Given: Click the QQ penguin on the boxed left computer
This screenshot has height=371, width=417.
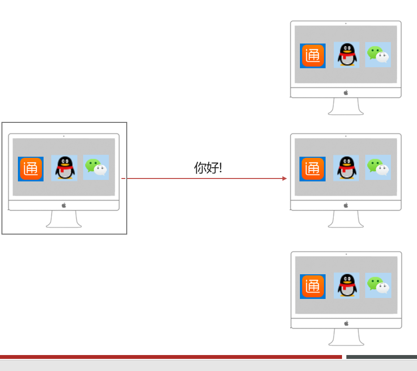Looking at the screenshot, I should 64,168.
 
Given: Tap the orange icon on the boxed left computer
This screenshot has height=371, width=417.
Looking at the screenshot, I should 31,169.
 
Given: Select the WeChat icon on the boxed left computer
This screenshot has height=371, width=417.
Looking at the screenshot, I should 96,167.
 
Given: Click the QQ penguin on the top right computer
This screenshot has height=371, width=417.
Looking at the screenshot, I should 346,55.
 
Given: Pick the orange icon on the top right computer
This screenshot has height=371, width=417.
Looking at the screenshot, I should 313,56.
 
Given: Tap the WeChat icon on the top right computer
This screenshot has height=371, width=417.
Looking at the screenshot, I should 378,55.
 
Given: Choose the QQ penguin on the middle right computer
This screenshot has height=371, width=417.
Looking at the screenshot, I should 346,168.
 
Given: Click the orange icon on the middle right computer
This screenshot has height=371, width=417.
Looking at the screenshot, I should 313,169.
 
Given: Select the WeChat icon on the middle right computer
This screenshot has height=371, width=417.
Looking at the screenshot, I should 378,167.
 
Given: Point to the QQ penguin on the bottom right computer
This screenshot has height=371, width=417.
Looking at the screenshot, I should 346,285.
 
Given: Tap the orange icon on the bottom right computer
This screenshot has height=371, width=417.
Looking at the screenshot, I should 313,286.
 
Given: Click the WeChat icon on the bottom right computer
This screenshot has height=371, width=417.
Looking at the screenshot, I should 378,285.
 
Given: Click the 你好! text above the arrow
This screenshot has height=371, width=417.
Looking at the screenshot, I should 208,168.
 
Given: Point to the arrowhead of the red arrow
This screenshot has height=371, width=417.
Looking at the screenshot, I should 284,178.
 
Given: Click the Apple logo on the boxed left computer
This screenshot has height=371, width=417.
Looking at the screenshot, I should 64,205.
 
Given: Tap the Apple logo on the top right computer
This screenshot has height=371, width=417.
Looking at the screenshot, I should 346,92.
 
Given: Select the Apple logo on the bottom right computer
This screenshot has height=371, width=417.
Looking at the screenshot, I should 346,323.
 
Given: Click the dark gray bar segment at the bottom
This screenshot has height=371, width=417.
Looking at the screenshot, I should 381,357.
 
